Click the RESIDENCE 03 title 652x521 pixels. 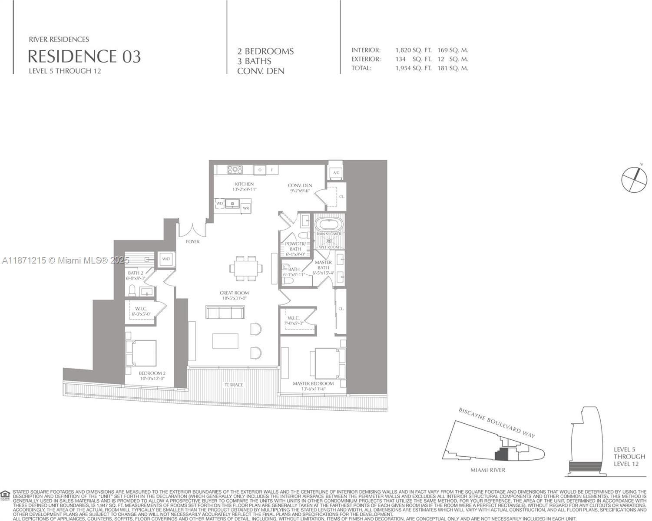pos(84,56)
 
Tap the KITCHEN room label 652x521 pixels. pos(244,184)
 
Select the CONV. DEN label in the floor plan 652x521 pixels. pos(300,185)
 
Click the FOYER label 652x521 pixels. pos(192,241)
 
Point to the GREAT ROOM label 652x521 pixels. pos(234,293)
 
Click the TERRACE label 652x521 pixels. pos(234,385)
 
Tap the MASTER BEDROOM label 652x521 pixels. pos(313,384)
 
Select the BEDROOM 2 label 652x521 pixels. pos(152,373)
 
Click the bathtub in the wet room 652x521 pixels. pos(329,224)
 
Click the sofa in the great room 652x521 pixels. pos(225,313)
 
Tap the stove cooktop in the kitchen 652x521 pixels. pos(235,170)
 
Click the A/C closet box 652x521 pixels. pos(335,173)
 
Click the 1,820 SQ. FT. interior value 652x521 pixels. pos(413,50)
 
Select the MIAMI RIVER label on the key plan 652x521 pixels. pos(488,470)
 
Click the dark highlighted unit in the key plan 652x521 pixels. pos(501,455)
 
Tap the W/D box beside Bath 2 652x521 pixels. pos(166,259)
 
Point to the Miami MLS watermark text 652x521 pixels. pos(66,260)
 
